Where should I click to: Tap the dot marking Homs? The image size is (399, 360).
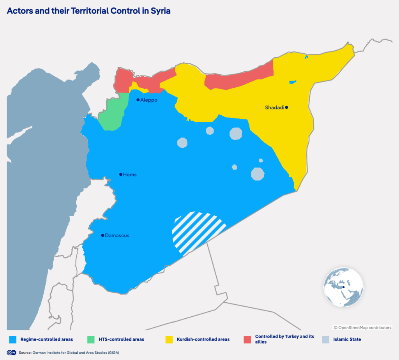(121, 174)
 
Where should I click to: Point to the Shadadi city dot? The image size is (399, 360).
(286, 107)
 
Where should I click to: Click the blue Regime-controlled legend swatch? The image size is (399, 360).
(12, 339)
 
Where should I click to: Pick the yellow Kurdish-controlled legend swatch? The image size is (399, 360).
(169, 339)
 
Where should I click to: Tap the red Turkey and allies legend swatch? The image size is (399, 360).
(247, 339)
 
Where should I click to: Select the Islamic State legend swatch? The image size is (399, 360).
(325, 339)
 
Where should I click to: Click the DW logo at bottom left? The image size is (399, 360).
(12, 353)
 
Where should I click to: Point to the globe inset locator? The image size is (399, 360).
(343, 287)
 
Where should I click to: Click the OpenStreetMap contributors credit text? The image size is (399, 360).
(362, 328)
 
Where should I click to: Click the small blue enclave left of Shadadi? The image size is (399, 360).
(293, 82)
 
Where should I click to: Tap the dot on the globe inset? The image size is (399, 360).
(343, 287)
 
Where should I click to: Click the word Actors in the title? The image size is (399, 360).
(19, 11)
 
